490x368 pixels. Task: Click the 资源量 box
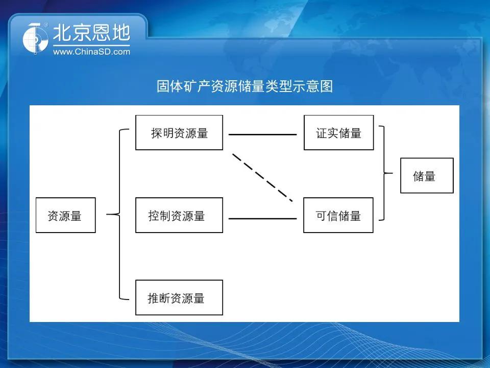click(x=66, y=215)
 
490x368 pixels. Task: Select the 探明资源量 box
click(x=179, y=133)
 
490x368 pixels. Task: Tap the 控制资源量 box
click(x=179, y=215)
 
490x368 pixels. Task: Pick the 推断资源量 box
click(x=179, y=297)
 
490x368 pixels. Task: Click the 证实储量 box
click(x=339, y=133)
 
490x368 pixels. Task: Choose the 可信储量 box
click(x=338, y=215)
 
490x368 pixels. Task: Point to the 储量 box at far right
click(x=427, y=175)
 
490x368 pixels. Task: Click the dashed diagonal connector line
click(x=262, y=177)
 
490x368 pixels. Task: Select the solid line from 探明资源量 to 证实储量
click(x=262, y=134)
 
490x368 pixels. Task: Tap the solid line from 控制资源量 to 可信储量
click(x=262, y=218)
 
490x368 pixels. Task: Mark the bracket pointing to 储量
click(x=384, y=173)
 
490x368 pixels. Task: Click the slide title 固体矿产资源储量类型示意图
click(x=244, y=86)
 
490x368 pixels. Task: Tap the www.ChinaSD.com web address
click(x=91, y=52)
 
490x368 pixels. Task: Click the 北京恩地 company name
click(x=91, y=33)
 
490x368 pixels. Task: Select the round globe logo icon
click(x=35, y=39)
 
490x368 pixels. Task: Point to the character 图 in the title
click(x=327, y=86)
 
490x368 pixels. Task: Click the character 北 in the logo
click(x=62, y=33)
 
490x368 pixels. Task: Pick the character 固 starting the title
click(x=163, y=86)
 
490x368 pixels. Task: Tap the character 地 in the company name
click(x=121, y=33)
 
